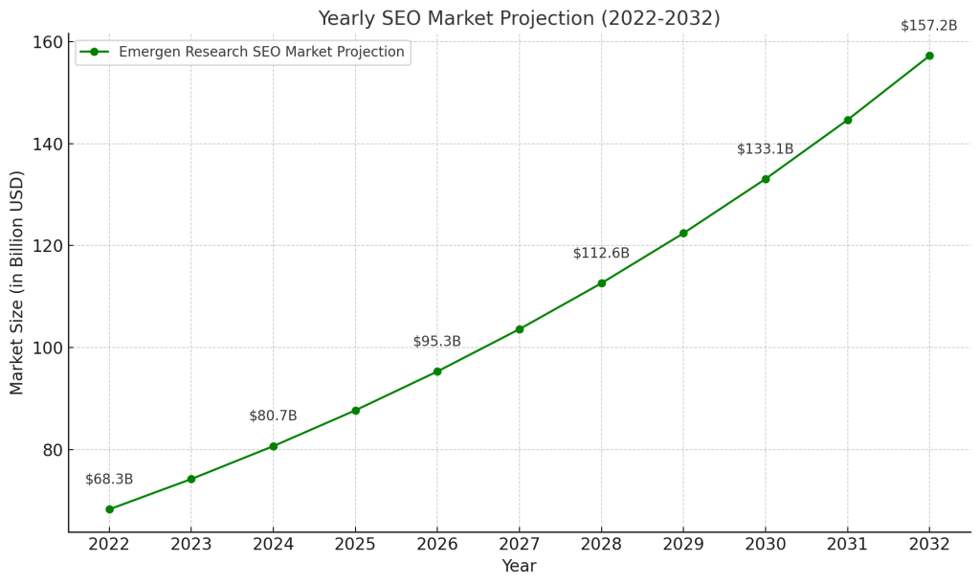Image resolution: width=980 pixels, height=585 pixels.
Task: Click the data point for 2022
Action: coord(109,509)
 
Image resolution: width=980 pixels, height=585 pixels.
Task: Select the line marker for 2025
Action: coord(355,411)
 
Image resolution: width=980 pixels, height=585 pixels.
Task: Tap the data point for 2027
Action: coord(520,329)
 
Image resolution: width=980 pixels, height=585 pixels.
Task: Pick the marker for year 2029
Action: coord(683,234)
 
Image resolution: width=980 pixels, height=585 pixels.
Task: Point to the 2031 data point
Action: coord(848,121)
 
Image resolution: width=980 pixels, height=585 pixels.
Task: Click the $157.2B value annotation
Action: coord(928,26)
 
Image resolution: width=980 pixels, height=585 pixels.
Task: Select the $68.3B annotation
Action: coord(109,480)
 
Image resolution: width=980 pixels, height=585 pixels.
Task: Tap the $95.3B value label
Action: coord(436,342)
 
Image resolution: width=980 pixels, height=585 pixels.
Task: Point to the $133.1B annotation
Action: coord(765,149)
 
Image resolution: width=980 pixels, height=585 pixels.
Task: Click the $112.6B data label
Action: coord(601,254)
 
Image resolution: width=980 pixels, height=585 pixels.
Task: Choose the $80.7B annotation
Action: coord(273,416)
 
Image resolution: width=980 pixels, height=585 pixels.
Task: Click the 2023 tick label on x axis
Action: coord(191,544)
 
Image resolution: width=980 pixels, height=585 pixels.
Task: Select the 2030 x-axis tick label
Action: coord(766,544)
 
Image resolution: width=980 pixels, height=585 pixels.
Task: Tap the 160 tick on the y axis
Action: coord(45,42)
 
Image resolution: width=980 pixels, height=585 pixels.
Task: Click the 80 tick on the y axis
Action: coord(51,450)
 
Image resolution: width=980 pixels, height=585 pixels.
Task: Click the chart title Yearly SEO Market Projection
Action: coord(519,19)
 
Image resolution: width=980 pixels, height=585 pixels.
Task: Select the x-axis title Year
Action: coord(519,567)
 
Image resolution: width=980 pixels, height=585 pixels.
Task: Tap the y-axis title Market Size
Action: coord(17,282)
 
